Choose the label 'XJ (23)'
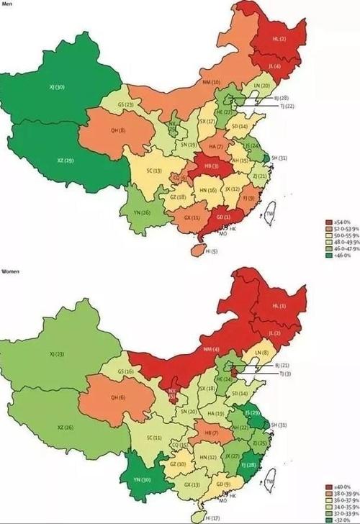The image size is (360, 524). click(55, 355)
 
